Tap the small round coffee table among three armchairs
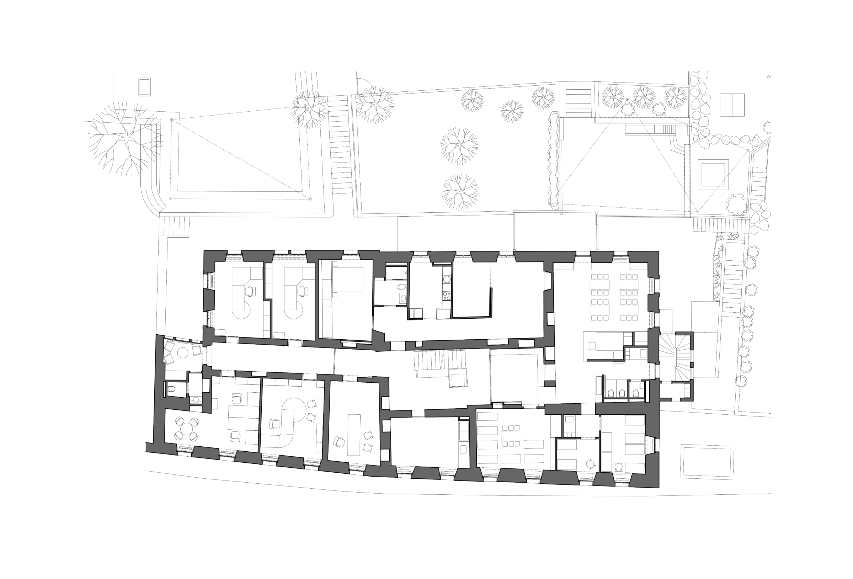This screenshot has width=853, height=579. click(x=182, y=353)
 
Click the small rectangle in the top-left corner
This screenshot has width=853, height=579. click(x=144, y=87)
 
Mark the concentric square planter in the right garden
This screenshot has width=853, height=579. click(x=713, y=174)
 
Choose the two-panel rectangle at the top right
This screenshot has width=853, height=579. click(x=732, y=105)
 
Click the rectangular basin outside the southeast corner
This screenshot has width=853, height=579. click(x=707, y=462)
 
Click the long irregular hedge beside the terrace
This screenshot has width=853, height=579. click(x=553, y=161)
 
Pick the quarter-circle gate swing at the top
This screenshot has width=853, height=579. click(x=365, y=83)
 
